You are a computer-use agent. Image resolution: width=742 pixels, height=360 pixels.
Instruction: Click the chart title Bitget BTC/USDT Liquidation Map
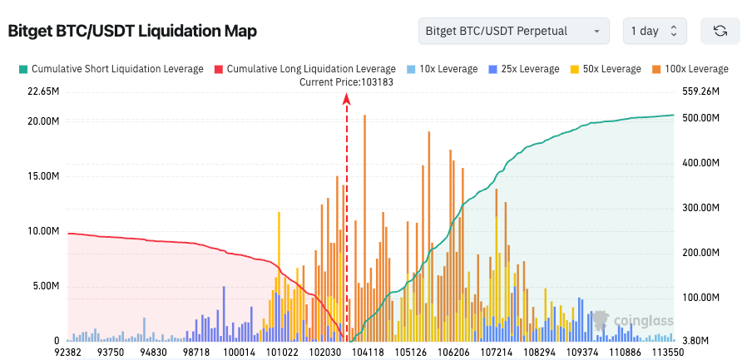(132, 32)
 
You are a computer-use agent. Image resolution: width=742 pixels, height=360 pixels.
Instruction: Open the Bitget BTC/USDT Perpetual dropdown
(513, 32)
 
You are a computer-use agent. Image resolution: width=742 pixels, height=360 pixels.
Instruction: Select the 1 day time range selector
(655, 32)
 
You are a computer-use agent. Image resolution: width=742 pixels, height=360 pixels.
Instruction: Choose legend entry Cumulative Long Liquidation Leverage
(305, 69)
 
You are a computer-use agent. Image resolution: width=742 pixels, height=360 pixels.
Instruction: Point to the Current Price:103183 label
(347, 81)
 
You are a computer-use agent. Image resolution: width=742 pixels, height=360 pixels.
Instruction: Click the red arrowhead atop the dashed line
(347, 99)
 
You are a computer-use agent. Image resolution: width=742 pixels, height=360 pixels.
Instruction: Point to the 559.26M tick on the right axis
(699, 91)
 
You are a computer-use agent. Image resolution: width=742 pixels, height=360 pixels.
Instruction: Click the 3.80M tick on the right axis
(695, 341)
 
